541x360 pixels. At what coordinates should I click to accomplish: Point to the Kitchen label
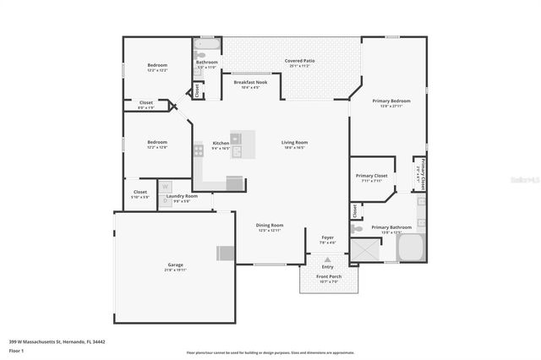coord(221,143)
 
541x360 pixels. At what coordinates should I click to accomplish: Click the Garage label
coord(174,265)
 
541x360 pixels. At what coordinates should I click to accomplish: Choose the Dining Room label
coord(270,225)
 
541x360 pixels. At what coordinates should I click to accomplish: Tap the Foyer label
coord(327,237)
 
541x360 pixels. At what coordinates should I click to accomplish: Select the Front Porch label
coord(328,276)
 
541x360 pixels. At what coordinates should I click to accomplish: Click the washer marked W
coord(166,187)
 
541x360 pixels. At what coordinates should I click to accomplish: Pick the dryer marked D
coord(166,199)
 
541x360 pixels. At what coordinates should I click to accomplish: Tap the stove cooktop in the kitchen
coord(199,150)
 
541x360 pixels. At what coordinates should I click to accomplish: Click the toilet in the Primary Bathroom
coord(358,228)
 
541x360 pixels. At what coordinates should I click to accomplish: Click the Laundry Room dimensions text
coord(181,201)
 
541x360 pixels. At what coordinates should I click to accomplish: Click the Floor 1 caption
coord(16,350)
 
